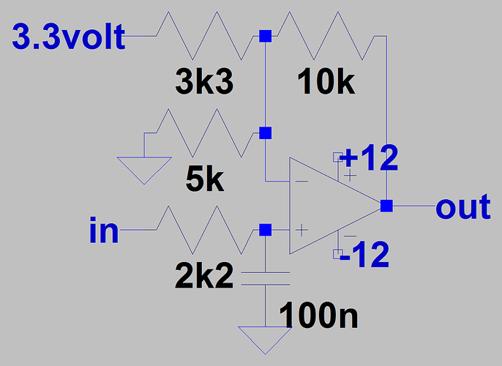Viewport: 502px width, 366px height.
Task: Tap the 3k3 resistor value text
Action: point(204,83)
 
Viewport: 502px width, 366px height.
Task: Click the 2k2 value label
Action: point(204,276)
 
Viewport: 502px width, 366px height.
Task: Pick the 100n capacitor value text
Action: point(321,316)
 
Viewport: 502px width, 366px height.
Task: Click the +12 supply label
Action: point(369,158)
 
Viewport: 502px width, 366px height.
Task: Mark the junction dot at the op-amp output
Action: point(386,206)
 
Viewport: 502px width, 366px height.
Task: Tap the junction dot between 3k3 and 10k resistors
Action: point(265,36)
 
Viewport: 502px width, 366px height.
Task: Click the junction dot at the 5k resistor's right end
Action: point(265,133)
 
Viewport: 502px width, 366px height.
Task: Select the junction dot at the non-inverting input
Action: point(265,230)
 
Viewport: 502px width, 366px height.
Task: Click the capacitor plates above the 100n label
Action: point(265,279)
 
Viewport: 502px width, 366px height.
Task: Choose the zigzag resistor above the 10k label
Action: point(326,36)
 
